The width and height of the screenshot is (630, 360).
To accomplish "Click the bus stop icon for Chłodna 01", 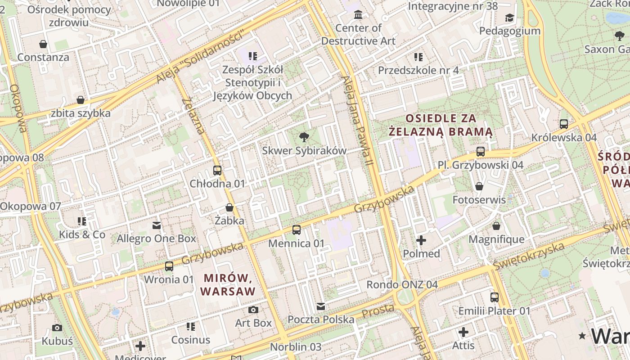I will click(x=217, y=171).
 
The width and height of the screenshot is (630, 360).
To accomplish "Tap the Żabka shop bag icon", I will click(x=229, y=207).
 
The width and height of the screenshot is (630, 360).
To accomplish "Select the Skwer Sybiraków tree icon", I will click(x=304, y=137).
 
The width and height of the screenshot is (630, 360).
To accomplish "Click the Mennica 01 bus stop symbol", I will click(x=297, y=230).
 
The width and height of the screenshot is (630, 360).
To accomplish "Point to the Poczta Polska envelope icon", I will click(x=321, y=306).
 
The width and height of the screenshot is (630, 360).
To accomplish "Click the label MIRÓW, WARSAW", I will click(x=228, y=284).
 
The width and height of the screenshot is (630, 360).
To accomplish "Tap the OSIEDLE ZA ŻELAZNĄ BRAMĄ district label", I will click(x=441, y=125).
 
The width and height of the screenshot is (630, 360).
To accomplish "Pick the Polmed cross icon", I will click(x=421, y=240).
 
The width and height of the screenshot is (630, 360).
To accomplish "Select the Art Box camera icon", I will click(x=253, y=310).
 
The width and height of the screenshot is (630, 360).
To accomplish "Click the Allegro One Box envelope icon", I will click(x=157, y=225).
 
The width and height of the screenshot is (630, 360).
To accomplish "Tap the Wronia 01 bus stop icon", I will click(x=169, y=266).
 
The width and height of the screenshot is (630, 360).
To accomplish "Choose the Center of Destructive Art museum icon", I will click(x=358, y=15).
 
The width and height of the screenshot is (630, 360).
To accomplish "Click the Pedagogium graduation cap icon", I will click(x=509, y=18).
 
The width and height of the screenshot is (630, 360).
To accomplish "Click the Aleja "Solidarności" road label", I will click(x=202, y=56).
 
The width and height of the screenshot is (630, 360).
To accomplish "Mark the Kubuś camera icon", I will click(x=57, y=328).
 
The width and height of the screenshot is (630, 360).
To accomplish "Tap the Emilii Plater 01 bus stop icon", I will click(x=495, y=297).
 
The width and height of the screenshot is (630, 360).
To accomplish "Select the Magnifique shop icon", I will click(x=496, y=226).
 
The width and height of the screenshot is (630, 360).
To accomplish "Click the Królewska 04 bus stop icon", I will click(x=564, y=124).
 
